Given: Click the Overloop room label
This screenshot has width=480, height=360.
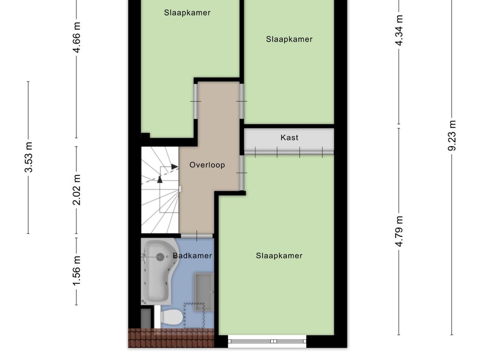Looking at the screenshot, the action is pos(207,165).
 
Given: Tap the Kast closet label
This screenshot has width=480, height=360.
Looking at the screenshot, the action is pos(289,138).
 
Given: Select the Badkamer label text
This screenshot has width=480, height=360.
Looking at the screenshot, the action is pos(192,255).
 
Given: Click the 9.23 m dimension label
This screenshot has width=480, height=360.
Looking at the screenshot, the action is pos(452,135).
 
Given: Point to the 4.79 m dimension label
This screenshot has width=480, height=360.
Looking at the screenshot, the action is pos(399,231).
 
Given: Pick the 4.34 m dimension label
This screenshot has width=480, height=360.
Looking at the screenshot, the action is pos(399,30).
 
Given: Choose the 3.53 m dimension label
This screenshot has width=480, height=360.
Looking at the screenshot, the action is pos(29,157).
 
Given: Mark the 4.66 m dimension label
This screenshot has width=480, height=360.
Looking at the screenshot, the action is pos(76,37).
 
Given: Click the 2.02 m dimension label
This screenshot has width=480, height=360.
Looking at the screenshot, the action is pos(76,190).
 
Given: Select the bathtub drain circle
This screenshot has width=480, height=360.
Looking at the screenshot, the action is pos(160,257).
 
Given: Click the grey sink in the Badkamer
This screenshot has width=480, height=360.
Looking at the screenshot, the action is pos(203,292).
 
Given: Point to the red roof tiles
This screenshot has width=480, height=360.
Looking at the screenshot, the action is pos(171,338).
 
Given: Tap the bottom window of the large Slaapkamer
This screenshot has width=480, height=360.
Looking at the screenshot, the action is pos(267,341).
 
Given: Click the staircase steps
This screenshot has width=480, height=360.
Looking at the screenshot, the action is pos(160,190).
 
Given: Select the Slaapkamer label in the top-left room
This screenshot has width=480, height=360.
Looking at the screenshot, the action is pos(187,13).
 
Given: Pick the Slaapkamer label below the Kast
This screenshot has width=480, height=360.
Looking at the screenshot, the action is pos(279,255).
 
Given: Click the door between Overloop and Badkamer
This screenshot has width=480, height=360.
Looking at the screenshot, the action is pos(197,236).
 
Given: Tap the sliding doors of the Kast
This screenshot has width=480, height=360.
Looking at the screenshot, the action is pos(289,152).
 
